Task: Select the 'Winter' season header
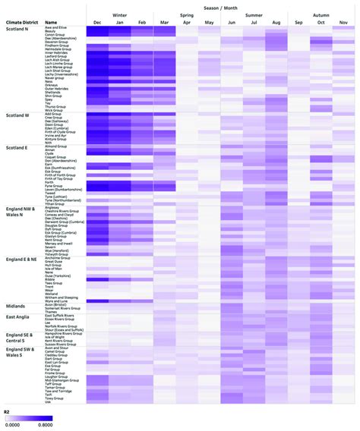[119, 14]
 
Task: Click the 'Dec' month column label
[96, 23]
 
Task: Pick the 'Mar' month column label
[165, 23]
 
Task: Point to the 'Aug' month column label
[276, 23]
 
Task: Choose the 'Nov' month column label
[343, 23]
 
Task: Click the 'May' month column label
[209, 23]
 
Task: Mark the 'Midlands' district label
[16, 306]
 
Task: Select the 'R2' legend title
[8, 411]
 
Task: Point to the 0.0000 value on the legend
[13, 424]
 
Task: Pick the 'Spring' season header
[187, 14]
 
